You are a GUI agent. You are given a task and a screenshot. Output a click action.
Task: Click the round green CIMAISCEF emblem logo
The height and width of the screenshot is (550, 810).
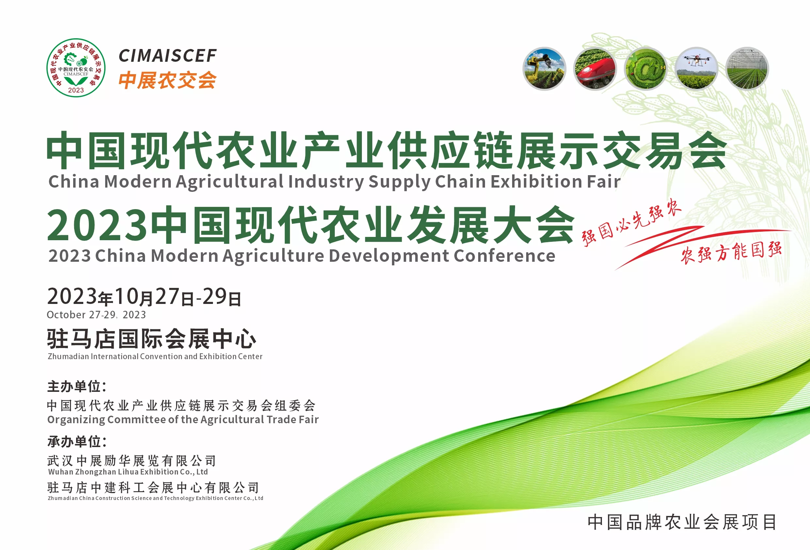76,68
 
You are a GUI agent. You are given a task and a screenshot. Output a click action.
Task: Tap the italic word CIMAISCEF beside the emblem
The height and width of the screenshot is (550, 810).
168,56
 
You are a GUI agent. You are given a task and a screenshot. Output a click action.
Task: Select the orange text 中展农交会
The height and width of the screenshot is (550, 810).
167,80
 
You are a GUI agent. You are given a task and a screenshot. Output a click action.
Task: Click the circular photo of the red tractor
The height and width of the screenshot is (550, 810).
595,69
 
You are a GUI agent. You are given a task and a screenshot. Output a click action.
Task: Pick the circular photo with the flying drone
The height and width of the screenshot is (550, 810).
696,69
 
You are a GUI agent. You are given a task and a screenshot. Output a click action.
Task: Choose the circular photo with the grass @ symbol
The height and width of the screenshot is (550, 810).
645,69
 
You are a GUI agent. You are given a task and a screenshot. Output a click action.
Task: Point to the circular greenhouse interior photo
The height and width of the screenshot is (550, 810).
747,69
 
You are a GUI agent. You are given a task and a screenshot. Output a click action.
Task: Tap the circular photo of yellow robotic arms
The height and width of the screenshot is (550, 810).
544,69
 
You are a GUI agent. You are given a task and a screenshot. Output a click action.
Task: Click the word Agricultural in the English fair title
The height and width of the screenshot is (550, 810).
230,182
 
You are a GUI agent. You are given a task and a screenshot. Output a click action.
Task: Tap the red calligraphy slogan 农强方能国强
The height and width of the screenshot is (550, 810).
731,252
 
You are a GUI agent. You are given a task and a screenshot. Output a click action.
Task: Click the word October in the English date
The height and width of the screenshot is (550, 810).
66,315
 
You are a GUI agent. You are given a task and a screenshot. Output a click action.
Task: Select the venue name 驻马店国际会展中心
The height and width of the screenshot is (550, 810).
152,339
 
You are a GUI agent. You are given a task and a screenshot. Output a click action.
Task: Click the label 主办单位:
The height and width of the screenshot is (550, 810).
77,386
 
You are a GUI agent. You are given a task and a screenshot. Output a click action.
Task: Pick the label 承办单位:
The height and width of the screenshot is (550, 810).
77,442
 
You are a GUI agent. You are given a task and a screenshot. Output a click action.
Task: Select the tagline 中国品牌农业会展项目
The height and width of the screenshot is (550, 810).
682,522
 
